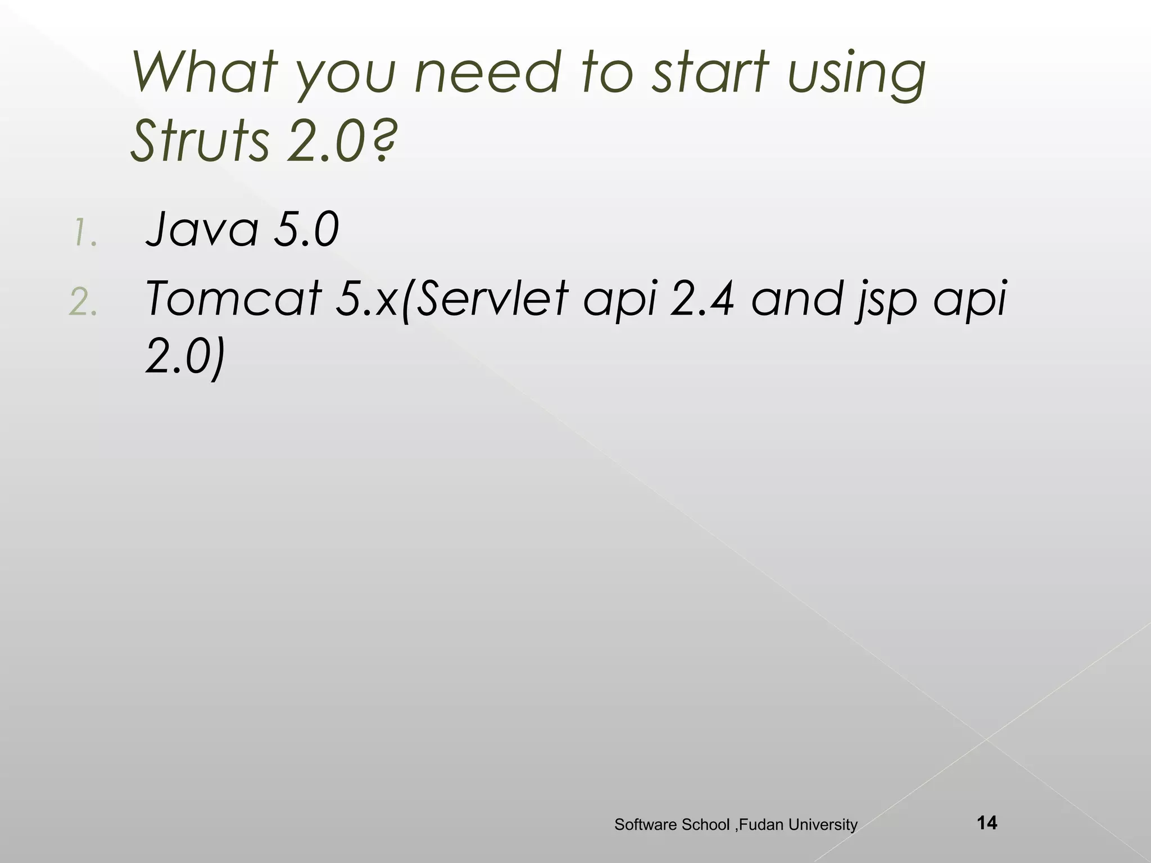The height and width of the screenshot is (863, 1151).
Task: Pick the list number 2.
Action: point(84,303)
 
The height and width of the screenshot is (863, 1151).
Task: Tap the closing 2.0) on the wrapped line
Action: point(185,357)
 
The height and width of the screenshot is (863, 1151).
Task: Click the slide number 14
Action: point(987,823)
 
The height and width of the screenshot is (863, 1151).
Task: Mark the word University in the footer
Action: point(823,825)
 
